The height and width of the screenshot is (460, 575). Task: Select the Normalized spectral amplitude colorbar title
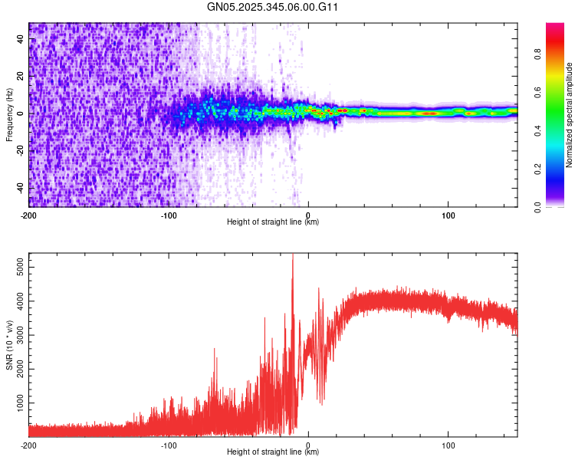(x=569, y=116)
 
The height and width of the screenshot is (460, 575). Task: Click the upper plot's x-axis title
(x=273, y=222)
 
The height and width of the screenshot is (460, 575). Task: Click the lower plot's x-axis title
(x=273, y=452)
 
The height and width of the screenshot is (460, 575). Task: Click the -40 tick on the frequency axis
(x=19, y=188)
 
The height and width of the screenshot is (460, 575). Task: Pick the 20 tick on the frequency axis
(x=21, y=77)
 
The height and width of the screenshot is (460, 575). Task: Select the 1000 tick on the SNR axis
(x=16, y=402)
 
